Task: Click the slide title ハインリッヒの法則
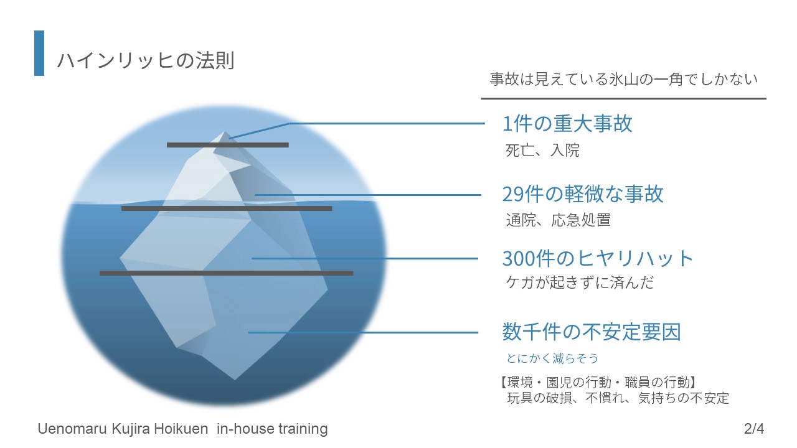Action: pyautogui.click(x=146, y=60)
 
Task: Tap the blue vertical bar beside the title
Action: pyautogui.click(x=39, y=53)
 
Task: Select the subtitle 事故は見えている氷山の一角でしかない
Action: pyautogui.click(x=623, y=79)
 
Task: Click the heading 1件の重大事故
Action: pyautogui.click(x=567, y=124)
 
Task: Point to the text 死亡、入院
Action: pyautogui.click(x=542, y=150)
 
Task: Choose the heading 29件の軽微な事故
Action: pyautogui.click(x=583, y=194)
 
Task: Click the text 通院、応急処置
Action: pyautogui.click(x=558, y=220)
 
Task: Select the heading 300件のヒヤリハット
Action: pyautogui.click(x=598, y=258)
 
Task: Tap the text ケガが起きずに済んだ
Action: pyautogui.click(x=580, y=282)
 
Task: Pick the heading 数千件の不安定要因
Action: pyautogui.click(x=592, y=332)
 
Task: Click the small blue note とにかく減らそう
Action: pyautogui.click(x=552, y=358)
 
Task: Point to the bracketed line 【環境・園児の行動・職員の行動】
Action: pyautogui.click(x=598, y=383)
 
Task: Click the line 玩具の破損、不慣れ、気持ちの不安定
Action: pyautogui.click(x=618, y=398)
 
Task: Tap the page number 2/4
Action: pyautogui.click(x=754, y=429)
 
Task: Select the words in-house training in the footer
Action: pyautogui.click(x=272, y=429)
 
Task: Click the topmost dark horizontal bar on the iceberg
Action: pyautogui.click(x=228, y=145)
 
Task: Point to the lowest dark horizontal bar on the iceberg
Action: pyautogui.click(x=227, y=273)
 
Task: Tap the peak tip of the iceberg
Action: pyautogui.click(x=225, y=132)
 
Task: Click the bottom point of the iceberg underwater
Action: pyautogui.click(x=235, y=380)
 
